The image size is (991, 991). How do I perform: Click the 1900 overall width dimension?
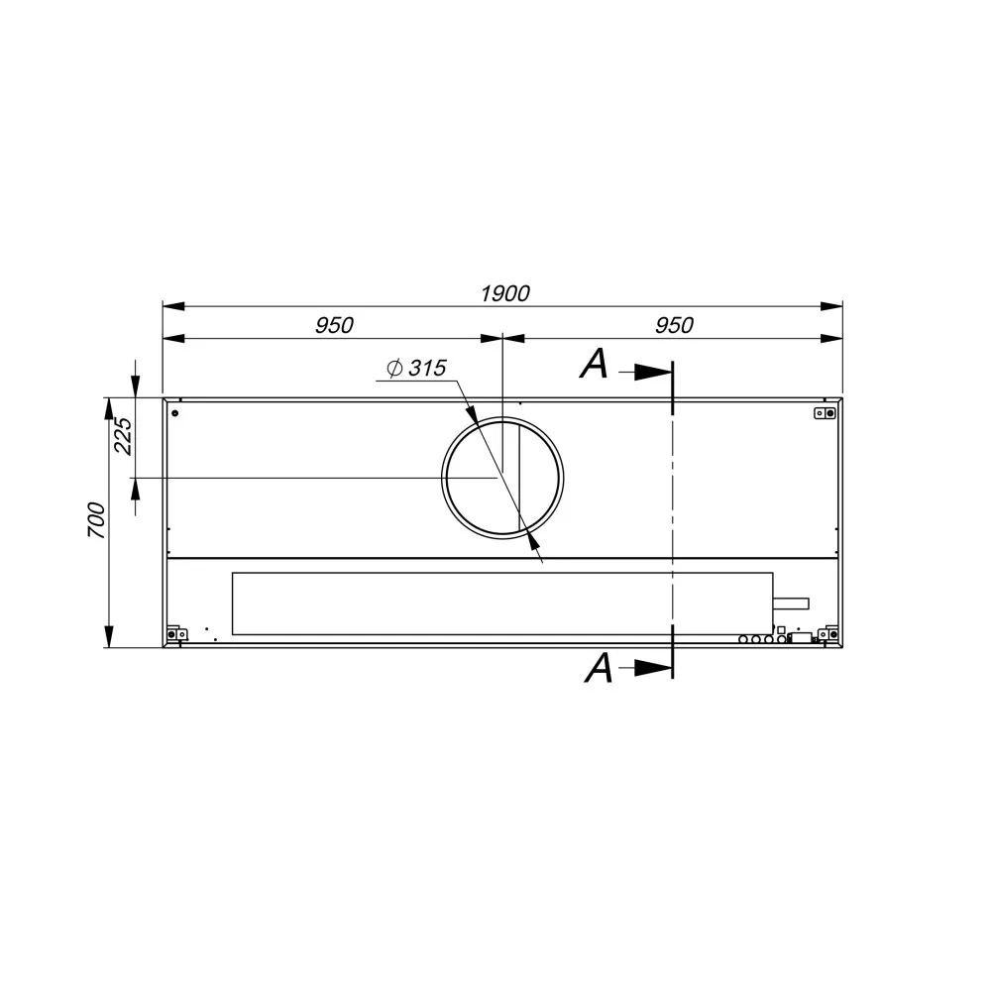pyautogui.click(x=504, y=293)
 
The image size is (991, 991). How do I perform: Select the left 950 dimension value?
pyautogui.click(x=334, y=325)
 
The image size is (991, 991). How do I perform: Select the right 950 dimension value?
pyautogui.click(x=673, y=325)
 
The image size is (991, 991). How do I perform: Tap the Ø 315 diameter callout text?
pyautogui.click(x=416, y=369)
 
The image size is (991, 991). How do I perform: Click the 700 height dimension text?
pyautogui.click(x=96, y=520)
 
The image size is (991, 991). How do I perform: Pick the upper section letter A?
pyautogui.click(x=594, y=366)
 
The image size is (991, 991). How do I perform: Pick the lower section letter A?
pyautogui.click(x=599, y=669)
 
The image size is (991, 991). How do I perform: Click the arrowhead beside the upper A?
pyautogui.click(x=652, y=372)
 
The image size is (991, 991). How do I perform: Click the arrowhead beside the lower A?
pyautogui.click(x=652, y=669)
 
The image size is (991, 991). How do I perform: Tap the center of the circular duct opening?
pyautogui.click(x=503, y=477)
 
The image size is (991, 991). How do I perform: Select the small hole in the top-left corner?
pyautogui.click(x=175, y=412)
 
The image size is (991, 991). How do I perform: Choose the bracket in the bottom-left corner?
pyautogui.click(x=176, y=633)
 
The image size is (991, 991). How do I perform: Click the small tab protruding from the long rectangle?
pyautogui.click(x=791, y=603)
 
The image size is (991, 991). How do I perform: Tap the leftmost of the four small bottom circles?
pyautogui.click(x=743, y=639)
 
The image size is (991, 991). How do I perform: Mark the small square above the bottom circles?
pyautogui.click(x=781, y=628)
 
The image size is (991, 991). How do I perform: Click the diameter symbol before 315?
pyautogui.click(x=393, y=369)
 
